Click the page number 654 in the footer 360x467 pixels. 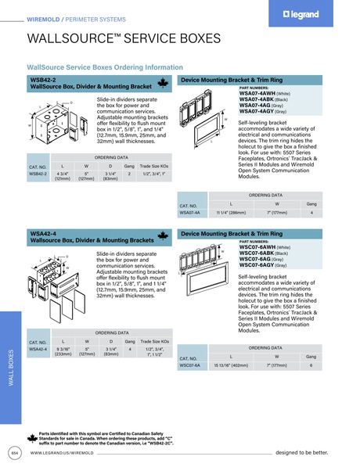[x=13, y=452]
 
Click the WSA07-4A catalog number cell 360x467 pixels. [x=190, y=212]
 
